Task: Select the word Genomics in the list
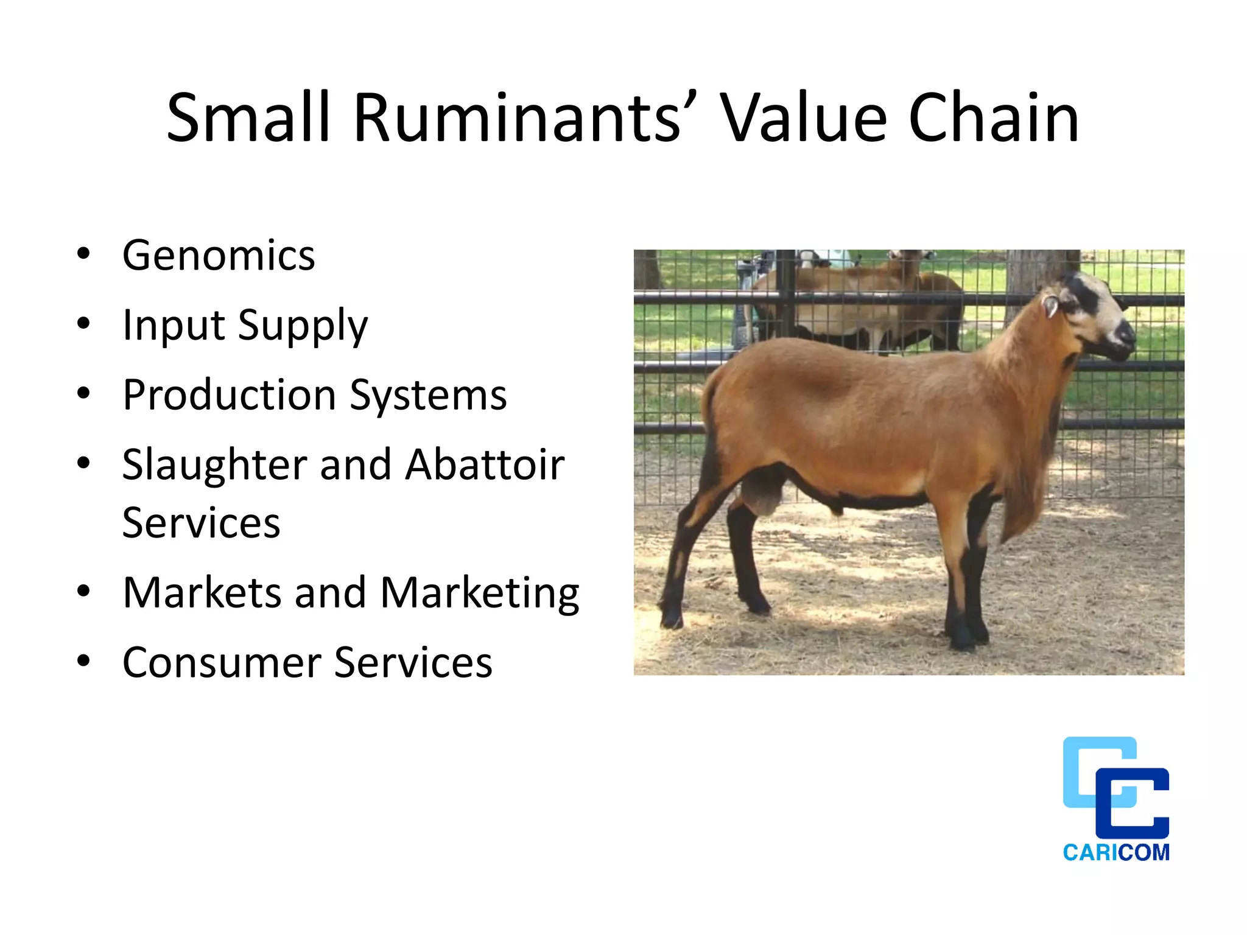click(219, 256)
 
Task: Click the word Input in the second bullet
click(173, 326)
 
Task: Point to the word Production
click(229, 396)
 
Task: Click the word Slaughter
click(214, 465)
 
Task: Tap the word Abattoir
click(485, 465)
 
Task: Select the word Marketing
click(479, 593)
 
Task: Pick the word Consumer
click(221, 663)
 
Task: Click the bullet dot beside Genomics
click(83, 254)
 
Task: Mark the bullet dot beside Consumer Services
click(83, 660)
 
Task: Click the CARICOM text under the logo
click(1116, 852)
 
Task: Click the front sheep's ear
click(1050, 304)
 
